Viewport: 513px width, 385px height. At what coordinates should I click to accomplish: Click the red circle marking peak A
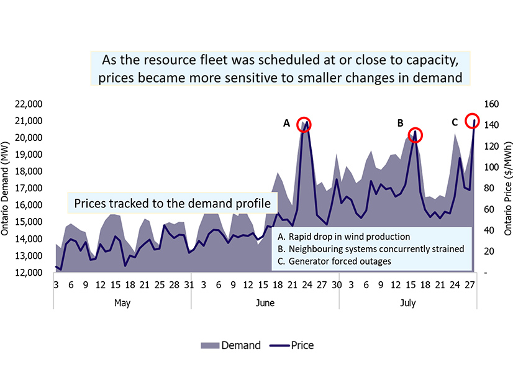click(304, 124)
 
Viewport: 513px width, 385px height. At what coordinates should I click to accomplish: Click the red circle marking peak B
click(415, 134)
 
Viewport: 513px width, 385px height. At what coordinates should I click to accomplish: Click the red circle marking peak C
click(472, 120)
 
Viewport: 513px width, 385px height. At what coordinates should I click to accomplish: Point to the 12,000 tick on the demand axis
click(27, 273)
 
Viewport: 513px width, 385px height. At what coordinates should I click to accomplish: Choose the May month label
click(122, 304)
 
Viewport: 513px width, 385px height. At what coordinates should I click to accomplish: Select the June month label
click(265, 304)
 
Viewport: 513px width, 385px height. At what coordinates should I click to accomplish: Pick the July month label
click(408, 304)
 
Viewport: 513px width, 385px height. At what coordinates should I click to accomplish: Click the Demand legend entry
click(229, 345)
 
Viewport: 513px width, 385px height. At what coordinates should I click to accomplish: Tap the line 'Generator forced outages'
click(334, 261)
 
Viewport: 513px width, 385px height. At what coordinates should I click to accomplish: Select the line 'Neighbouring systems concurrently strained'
click(370, 249)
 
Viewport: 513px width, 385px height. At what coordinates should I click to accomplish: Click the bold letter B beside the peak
click(401, 123)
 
